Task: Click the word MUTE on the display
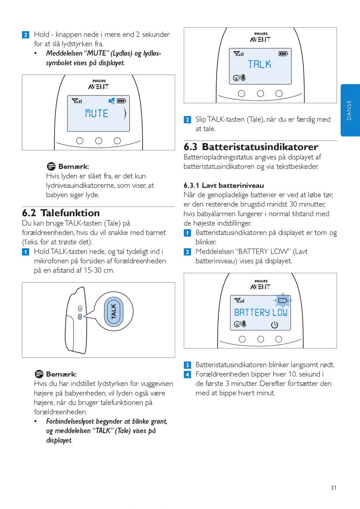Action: coord(97,113)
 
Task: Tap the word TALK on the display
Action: coord(260,64)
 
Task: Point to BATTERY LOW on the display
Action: coord(261,312)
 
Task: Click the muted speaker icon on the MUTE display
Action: coord(112,101)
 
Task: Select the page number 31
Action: coord(333,488)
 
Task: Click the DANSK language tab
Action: coord(350,110)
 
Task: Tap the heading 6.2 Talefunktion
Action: coord(61,213)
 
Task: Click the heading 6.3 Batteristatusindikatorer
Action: coord(251,147)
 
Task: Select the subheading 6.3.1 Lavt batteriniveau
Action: coord(224,185)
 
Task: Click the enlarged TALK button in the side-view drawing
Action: coord(114,311)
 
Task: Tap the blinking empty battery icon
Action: coord(283,301)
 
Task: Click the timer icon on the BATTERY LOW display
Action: coord(275,325)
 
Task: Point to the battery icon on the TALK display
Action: coord(283,54)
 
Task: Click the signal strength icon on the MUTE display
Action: coord(77,101)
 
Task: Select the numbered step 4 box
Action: coord(187,374)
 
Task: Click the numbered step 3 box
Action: coord(187,365)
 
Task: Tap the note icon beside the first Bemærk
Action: coord(51,166)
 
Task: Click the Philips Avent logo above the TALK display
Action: coord(260,37)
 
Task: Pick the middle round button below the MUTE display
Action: coord(99,141)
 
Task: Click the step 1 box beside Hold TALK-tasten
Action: coord(25,252)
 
